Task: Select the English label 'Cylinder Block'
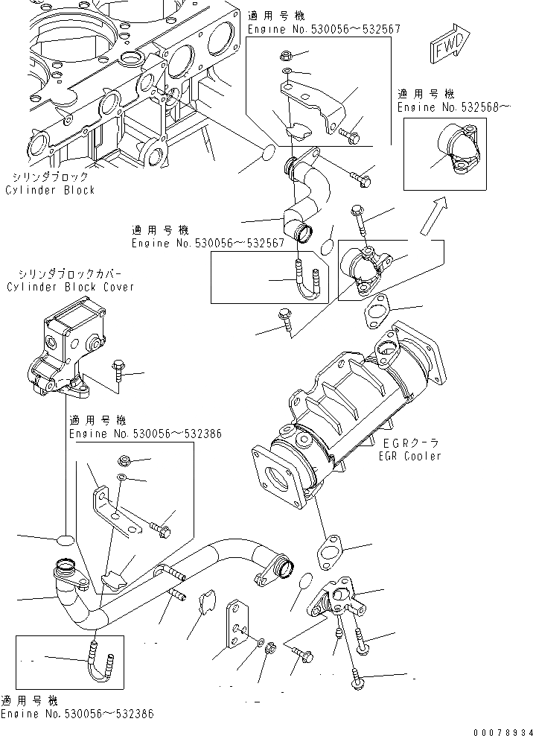pyautogui.click(x=50, y=190)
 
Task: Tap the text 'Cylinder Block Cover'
pyautogui.click(x=70, y=287)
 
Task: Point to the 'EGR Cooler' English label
pyautogui.click(x=409, y=456)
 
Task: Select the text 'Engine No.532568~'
pyautogui.click(x=454, y=107)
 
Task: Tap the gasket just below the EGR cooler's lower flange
pyautogui.click(x=328, y=553)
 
